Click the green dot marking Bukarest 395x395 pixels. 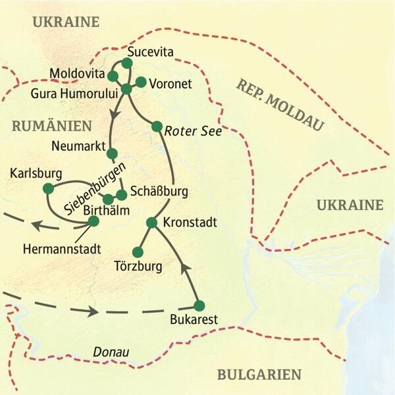(x=199, y=305)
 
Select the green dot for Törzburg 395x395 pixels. (x=138, y=252)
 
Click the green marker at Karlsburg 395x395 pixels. (x=48, y=188)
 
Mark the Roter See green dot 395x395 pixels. (x=157, y=126)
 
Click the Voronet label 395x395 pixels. (x=171, y=84)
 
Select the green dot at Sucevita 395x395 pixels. (x=128, y=63)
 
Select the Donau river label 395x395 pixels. (x=111, y=353)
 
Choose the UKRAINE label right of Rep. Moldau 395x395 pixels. (x=350, y=205)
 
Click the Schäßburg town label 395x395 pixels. (x=160, y=192)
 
